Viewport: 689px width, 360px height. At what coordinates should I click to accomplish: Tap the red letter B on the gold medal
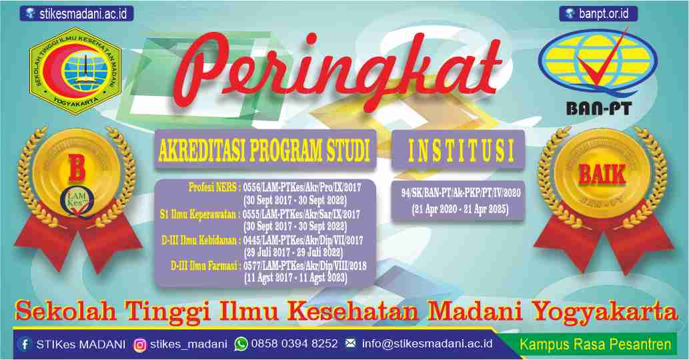click(77, 169)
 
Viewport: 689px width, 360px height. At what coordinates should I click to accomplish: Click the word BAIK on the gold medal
click(602, 174)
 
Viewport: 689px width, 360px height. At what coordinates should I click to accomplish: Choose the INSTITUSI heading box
click(457, 151)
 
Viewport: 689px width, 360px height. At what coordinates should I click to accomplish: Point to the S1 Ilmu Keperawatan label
click(200, 215)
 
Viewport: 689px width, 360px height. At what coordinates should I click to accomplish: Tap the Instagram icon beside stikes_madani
click(140, 345)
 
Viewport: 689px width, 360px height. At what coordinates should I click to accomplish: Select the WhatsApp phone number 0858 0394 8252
click(294, 345)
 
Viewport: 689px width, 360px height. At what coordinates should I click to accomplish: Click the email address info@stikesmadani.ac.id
click(427, 345)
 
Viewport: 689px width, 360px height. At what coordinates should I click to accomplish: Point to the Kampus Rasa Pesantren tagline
click(595, 345)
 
